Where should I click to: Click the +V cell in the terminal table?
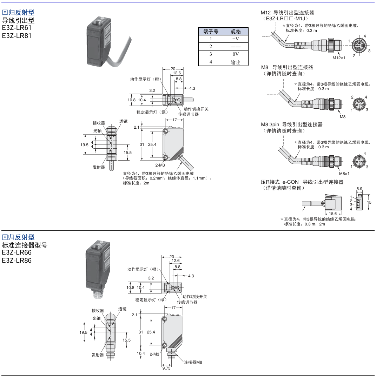(236, 39)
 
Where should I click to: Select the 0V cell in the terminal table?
(236, 54)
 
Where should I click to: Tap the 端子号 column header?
(211, 32)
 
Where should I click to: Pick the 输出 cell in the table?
(236, 62)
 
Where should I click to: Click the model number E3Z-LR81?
(17, 35)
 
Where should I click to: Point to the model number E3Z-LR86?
(17, 260)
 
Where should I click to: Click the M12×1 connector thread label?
(339, 58)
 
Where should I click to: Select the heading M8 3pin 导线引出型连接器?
(291, 124)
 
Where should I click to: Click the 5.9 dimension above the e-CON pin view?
(359, 189)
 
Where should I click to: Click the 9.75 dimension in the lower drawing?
(166, 368)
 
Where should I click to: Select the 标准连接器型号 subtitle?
(25, 245)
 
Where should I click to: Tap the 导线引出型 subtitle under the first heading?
(18, 20)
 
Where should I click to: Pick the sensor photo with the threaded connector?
(99, 268)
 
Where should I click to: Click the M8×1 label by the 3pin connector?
(344, 174)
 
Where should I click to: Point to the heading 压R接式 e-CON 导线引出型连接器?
(302, 182)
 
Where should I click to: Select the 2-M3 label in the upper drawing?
(160, 164)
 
